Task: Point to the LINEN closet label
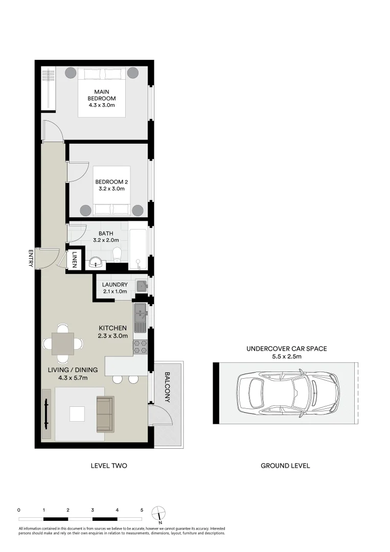click(x=75, y=258)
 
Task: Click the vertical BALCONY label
click(x=168, y=386)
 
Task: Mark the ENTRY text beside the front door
click(x=31, y=258)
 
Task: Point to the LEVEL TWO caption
click(x=108, y=466)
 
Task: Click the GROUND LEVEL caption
click(x=285, y=466)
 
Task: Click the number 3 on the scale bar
click(x=93, y=510)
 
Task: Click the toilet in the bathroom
click(x=117, y=254)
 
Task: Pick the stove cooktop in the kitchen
click(x=140, y=347)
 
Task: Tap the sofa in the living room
click(x=105, y=413)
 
